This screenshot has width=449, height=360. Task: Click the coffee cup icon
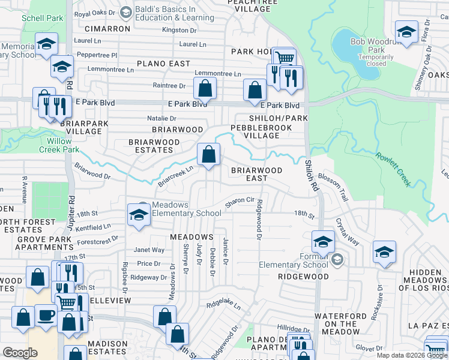[46, 316]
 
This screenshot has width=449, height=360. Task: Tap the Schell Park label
[42, 18]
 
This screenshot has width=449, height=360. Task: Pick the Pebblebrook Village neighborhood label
[256, 131]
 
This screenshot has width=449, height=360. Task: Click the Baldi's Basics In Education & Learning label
[166, 14]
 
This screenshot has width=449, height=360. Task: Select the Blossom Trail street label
[333, 179]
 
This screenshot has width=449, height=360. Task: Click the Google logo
[20, 353]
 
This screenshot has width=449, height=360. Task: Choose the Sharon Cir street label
[240, 200]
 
